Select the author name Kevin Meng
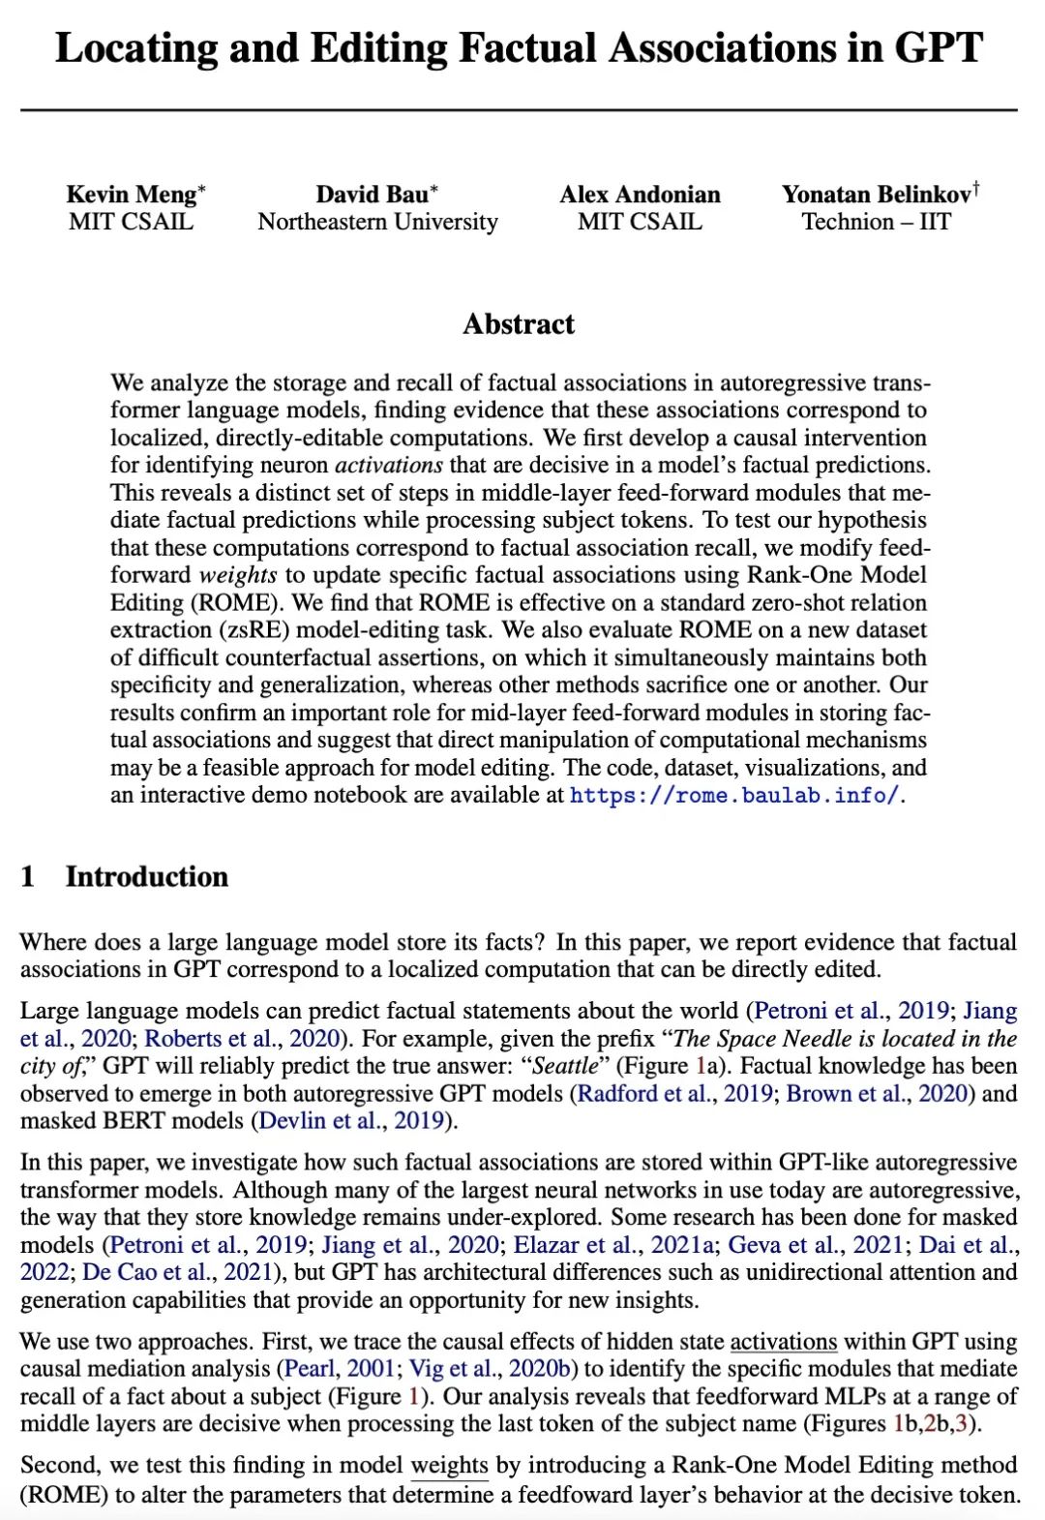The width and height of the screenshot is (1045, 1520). click(132, 195)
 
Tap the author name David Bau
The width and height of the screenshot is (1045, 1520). click(373, 195)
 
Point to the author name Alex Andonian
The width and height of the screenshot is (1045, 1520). click(640, 195)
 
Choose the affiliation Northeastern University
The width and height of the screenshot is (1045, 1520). click(377, 222)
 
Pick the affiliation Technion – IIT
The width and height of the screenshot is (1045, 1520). click(876, 222)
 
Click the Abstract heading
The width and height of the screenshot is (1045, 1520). click(519, 323)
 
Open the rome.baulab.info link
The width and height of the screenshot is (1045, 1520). click(734, 796)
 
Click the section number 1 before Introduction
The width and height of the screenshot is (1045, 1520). click(27, 876)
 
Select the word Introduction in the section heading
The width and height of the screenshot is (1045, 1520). click(147, 876)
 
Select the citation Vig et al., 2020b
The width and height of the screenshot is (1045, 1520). click(493, 1368)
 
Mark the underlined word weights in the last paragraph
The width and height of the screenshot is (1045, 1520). click(449, 1466)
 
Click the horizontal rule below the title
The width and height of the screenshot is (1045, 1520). click(519, 110)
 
